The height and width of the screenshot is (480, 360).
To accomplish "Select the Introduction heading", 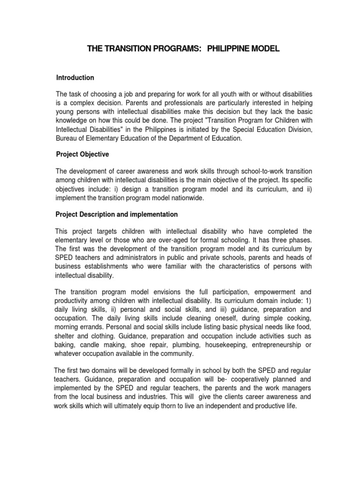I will tap(75, 78).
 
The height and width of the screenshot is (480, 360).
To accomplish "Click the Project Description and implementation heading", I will tap(116, 214).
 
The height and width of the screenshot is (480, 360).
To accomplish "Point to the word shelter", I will tap(65, 336).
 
